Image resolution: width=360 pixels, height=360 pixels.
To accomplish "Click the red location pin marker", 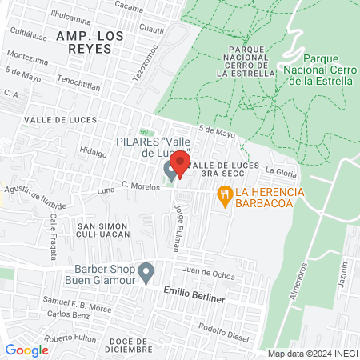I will (x=180, y=165).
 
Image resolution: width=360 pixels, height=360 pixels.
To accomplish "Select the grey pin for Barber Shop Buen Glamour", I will (x=146, y=272).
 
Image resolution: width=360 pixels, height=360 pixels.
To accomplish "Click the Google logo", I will (x=26, y=350).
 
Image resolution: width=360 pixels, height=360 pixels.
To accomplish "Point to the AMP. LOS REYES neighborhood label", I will (x=85, y=42).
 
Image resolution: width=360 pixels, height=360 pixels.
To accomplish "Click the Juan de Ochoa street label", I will (x=209, y=274).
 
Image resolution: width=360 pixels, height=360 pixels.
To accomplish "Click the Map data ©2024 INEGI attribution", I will (x=311, y=354).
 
